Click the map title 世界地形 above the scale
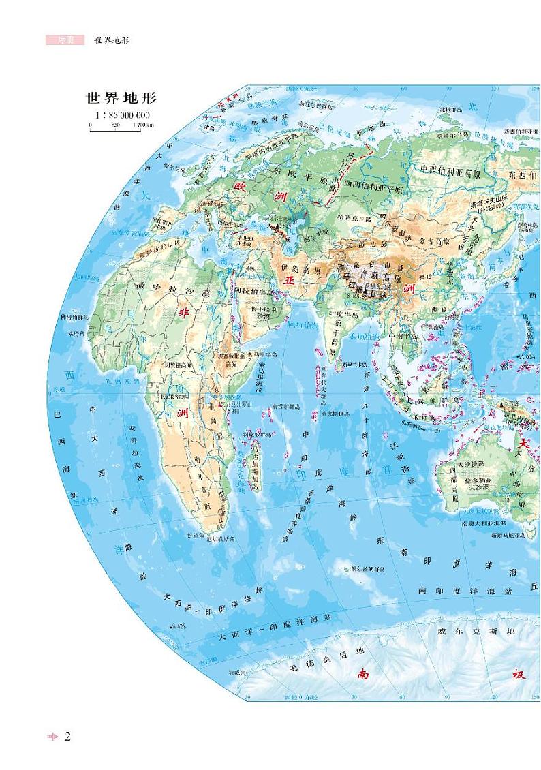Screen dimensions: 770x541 tap(117, 99)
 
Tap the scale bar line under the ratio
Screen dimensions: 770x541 tap(115, 129)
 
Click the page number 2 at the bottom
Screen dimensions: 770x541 tap(67, 736)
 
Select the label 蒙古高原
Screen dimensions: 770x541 tap(434, 241)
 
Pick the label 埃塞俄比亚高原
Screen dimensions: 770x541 tap(234, 359)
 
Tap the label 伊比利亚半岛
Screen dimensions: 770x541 tap(168, 223)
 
